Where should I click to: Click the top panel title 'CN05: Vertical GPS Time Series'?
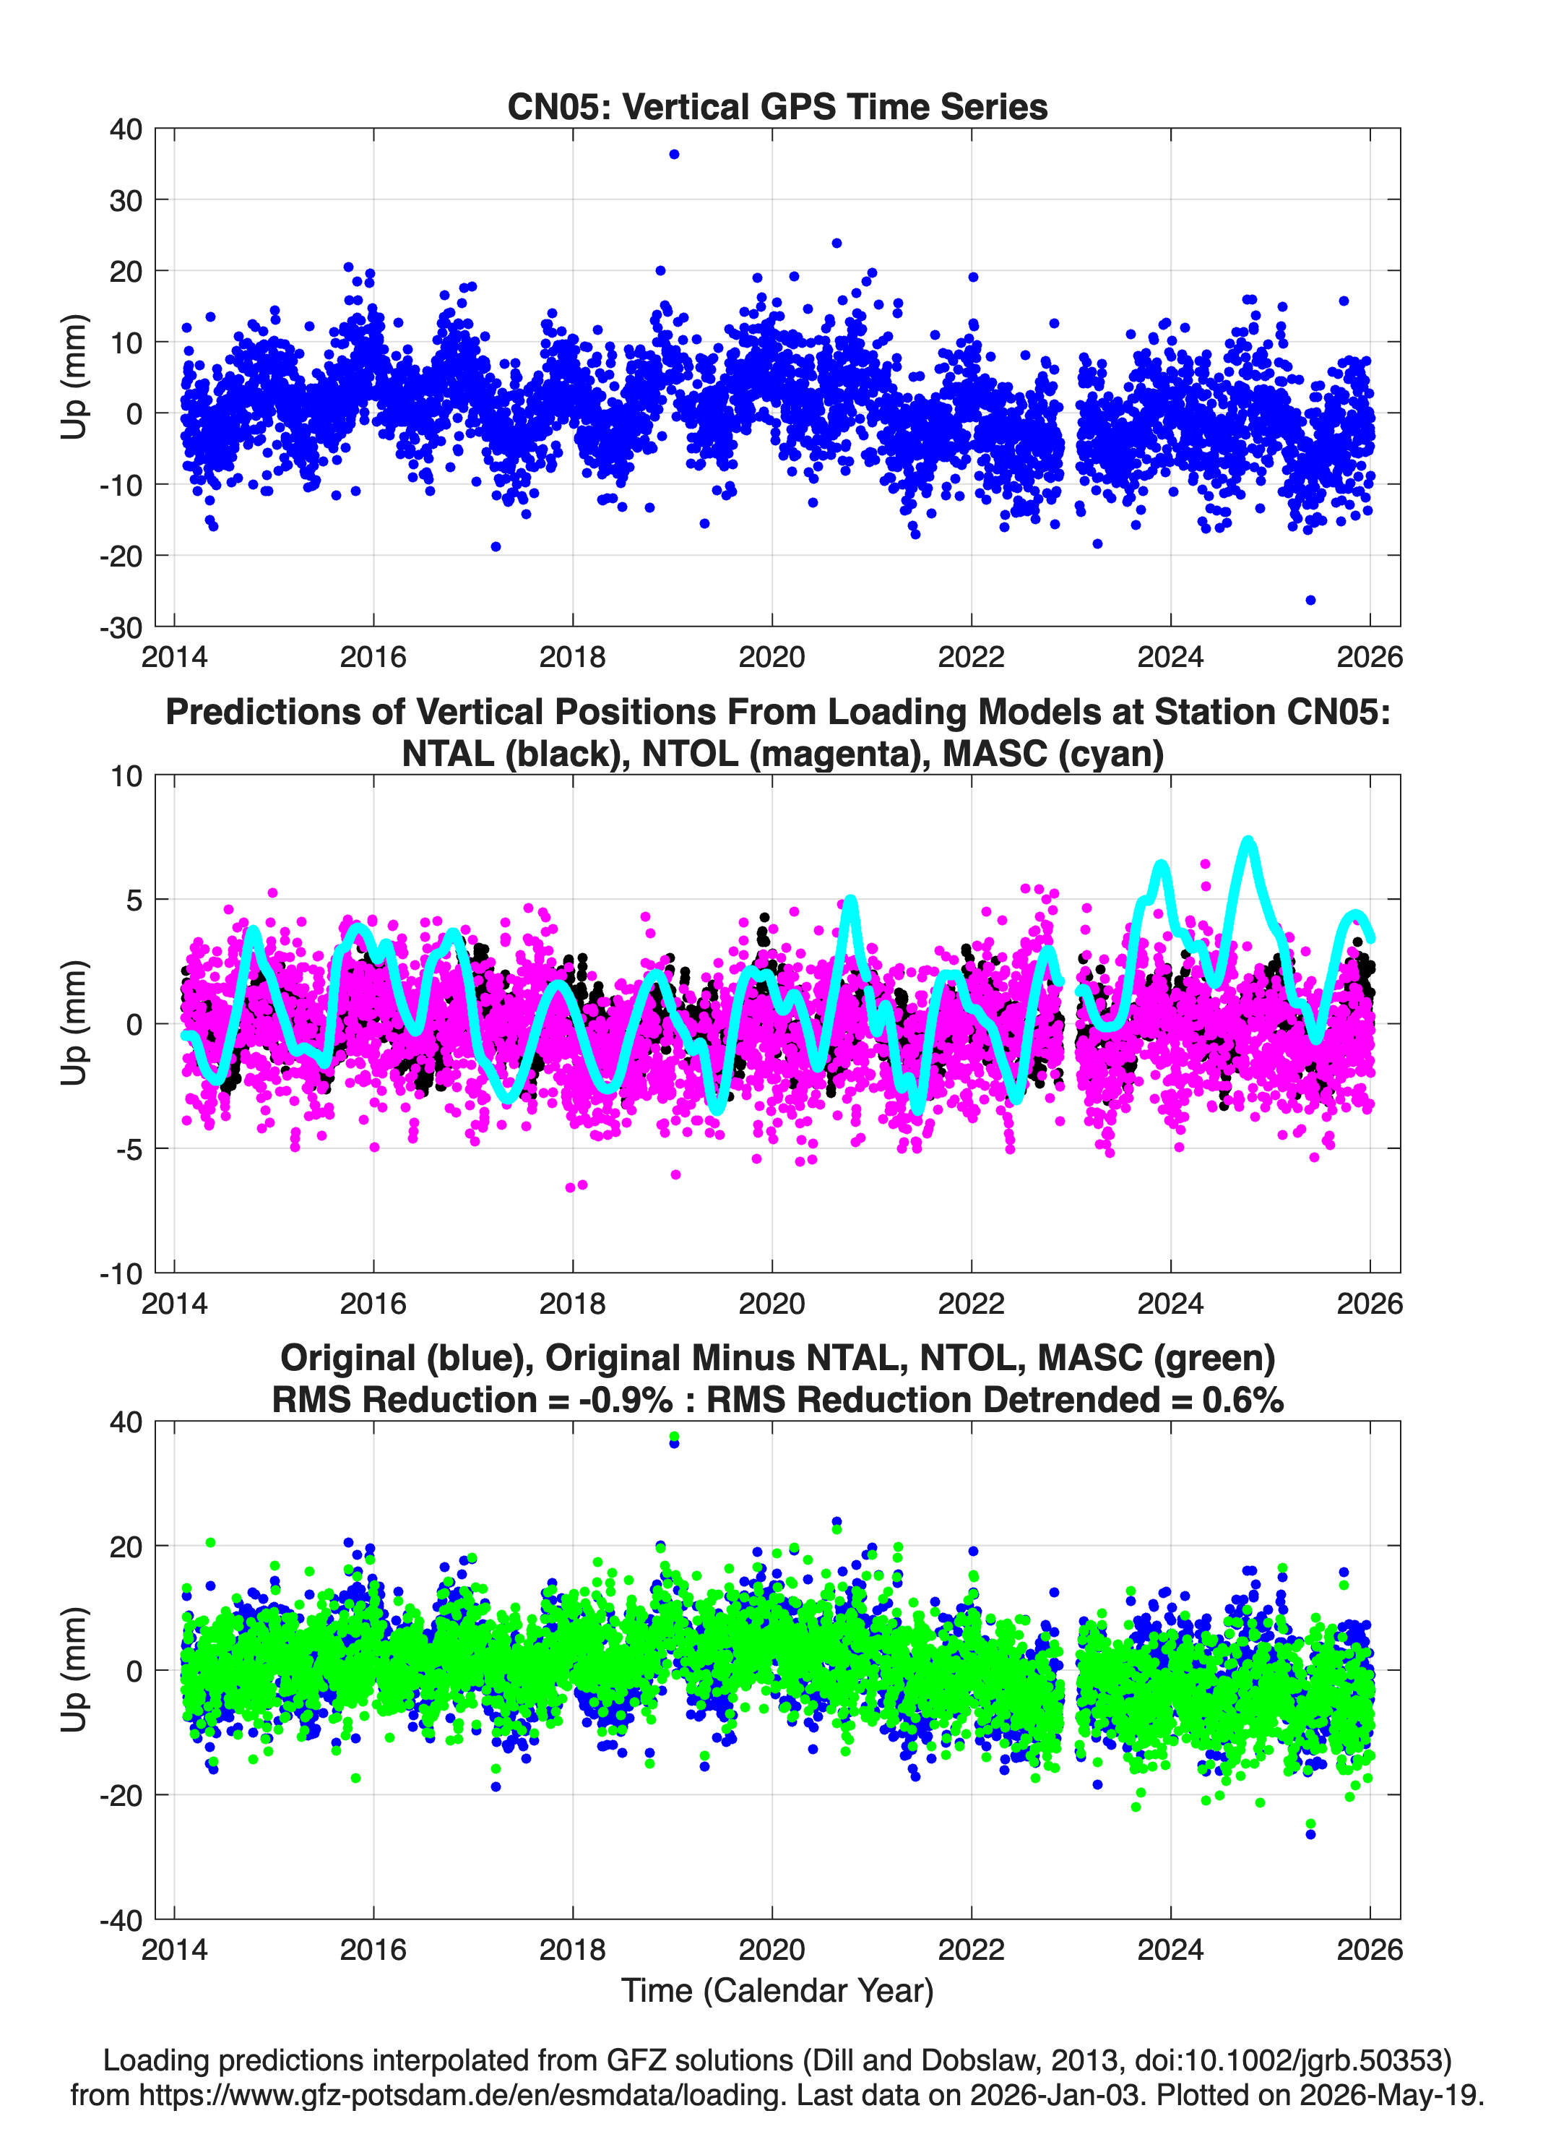pos(777,106)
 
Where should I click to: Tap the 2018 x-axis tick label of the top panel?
pos(573,657)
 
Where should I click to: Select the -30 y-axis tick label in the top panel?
pos(121,627)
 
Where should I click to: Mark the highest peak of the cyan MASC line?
pos(1248,842)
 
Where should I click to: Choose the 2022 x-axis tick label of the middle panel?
pos(972,1303)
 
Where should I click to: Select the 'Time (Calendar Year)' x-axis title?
pos(777,1989)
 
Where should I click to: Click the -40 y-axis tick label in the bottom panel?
pos(121,1919)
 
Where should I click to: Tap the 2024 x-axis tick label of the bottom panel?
pos(1170,1949)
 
